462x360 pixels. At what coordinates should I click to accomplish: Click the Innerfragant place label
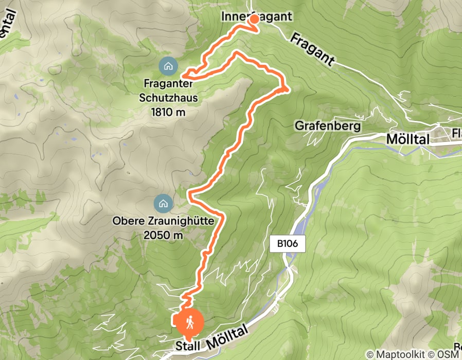256,16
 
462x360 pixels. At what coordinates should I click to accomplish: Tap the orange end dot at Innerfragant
254,19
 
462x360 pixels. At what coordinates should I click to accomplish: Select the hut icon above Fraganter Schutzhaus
168,66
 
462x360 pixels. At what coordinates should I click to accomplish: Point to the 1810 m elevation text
169,112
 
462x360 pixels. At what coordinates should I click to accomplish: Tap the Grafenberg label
328,125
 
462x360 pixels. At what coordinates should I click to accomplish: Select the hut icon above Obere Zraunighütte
163,203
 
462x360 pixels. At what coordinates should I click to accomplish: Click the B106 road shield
288,244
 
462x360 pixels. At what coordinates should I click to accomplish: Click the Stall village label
187,346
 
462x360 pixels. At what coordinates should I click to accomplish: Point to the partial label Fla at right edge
456,135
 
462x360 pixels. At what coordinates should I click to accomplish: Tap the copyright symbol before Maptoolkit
370,354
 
